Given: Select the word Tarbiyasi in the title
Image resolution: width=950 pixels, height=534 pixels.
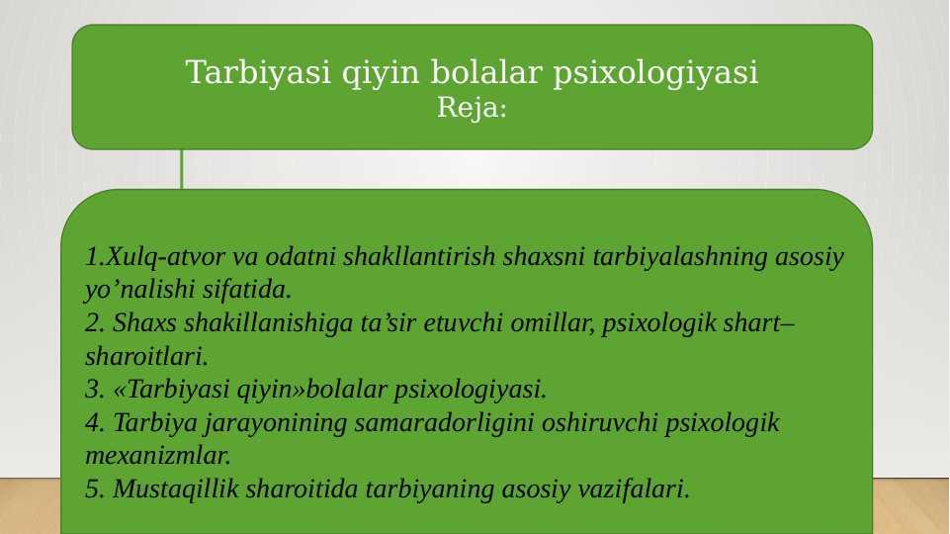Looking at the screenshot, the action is click(259, 72).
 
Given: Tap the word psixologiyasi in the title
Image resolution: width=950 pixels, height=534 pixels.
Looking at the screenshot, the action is click(655, 73).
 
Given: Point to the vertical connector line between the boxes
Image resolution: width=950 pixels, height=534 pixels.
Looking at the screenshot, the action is click(181, 169).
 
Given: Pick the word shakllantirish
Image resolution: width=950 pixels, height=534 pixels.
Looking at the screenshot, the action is click(419, 256).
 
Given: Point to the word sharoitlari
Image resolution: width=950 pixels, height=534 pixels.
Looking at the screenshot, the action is click(146, 356).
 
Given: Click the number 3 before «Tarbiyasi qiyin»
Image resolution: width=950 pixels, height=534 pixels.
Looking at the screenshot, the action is click(95, 390).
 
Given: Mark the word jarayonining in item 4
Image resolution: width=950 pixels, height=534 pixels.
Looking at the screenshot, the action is click(275, 423).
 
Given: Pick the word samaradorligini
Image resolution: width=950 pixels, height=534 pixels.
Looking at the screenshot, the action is click(444, 423).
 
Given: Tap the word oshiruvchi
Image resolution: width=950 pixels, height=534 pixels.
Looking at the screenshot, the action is click(599, 422).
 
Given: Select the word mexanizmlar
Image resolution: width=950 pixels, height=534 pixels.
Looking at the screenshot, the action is click(158, 456).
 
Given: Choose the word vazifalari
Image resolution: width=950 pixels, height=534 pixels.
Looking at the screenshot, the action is click(634, 489).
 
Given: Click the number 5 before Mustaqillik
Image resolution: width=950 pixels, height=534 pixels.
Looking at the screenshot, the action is click(95, 489).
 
